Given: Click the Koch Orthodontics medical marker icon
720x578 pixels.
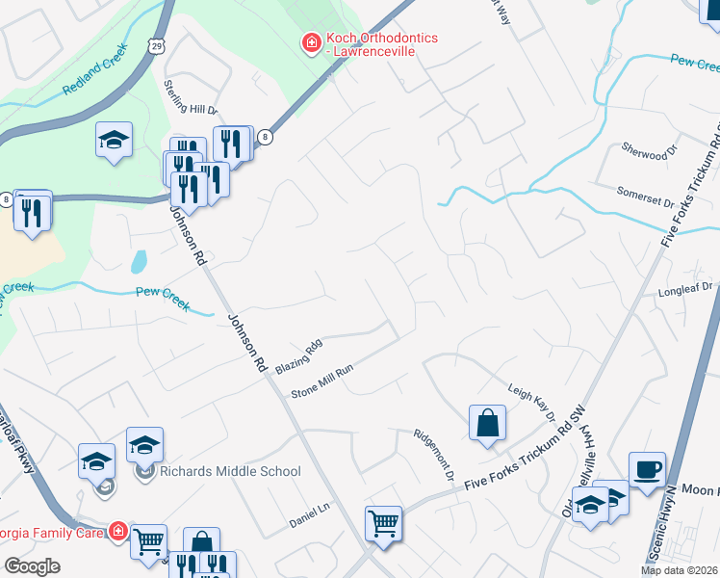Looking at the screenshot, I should click(311, 43).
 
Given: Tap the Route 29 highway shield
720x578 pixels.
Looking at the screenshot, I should click(159, 44).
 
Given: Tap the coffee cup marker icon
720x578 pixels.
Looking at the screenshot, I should click(646, 469).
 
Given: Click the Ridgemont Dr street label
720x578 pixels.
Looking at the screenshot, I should click(432, 454).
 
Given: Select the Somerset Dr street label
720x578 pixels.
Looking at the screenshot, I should click(646, 197).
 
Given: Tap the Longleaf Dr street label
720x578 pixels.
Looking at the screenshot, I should click(684, 287).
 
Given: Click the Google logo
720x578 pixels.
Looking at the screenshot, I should click(32, 566).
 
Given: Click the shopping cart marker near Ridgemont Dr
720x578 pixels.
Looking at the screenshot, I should click(383, 524).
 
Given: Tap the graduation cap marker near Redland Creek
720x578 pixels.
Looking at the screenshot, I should click(114, 141).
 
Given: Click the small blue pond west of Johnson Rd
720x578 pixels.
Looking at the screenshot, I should click(141, 261).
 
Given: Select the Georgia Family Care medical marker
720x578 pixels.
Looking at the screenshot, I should click(117, 530).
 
